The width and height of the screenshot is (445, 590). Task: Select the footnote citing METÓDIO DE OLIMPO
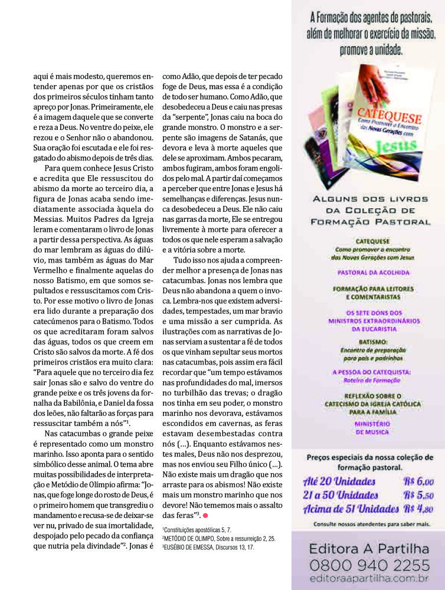[x=218, y=538]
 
